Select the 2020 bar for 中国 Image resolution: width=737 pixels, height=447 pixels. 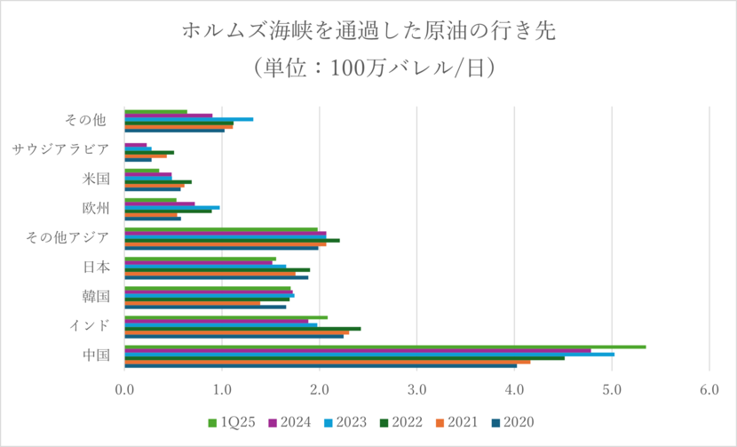point(321,365)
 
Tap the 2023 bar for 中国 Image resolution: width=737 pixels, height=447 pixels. point(369,354)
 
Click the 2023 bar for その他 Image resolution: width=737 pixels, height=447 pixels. point(189,119)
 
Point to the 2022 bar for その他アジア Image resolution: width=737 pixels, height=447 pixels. point(232,240)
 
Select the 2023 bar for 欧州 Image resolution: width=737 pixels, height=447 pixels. point(172,207)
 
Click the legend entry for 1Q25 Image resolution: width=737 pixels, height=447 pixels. point(234,422)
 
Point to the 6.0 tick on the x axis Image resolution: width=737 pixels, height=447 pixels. point(709,388)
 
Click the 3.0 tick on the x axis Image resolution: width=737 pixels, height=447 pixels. point(416,388)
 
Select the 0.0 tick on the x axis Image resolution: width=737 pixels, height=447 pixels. point(125,388)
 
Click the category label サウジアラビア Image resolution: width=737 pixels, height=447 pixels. point(61,148)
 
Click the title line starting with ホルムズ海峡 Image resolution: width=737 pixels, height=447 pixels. point(368,31)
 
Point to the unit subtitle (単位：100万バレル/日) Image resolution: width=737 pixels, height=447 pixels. point(368,68)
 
